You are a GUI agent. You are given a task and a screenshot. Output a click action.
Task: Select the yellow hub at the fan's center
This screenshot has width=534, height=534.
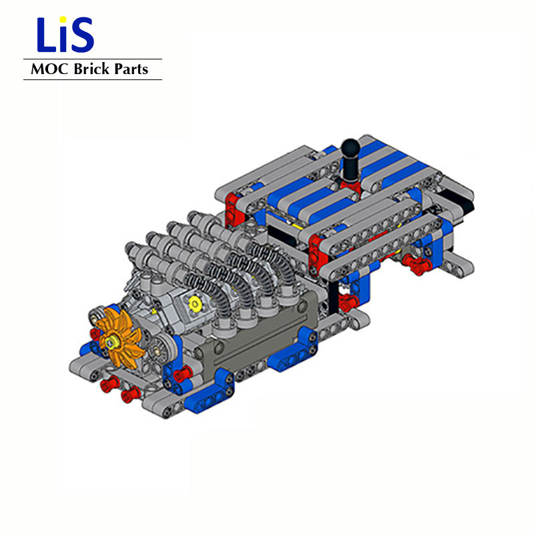(111, 340)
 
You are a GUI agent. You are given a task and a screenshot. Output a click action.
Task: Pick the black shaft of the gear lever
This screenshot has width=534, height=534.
(348, 167)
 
